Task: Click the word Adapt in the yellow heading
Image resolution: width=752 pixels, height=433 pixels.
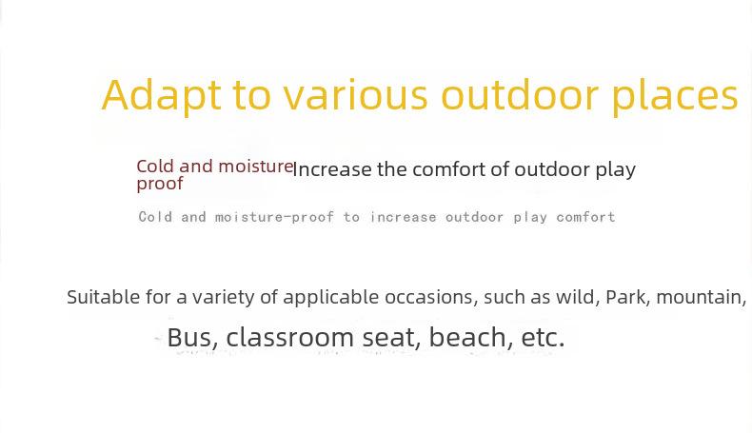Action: [x=162, y=95]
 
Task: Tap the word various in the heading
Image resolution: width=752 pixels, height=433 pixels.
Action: [x=354, y=95]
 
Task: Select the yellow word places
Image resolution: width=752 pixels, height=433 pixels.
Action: [x=675, y=95]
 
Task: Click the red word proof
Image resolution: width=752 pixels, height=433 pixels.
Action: [x=160, y=184]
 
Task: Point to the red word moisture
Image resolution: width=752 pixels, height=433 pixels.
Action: [x=256, y=167]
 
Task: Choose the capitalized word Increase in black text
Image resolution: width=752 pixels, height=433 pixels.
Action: [x=331, y=169]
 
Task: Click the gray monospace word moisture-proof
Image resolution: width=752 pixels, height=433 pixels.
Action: [x=274, y=217]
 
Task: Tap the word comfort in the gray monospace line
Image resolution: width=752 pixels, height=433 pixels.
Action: [x=585, y=217]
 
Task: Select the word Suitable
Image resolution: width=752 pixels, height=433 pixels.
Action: [x=103, y=297]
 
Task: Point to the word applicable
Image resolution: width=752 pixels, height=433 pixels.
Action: [x=331, y=298]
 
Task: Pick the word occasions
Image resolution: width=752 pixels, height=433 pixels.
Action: [x=431, y=297]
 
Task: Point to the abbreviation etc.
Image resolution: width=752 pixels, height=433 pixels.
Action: [x=543, y=338]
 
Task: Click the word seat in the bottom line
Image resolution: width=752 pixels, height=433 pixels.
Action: [x=391, y=338]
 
